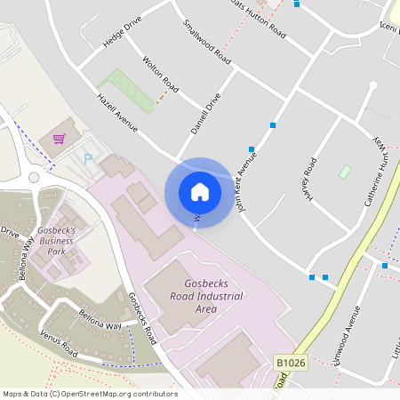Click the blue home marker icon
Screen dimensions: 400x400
200,191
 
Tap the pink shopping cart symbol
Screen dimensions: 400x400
59,139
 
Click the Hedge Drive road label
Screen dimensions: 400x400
123,36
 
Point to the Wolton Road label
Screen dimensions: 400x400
161,75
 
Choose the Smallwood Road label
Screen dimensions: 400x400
206,42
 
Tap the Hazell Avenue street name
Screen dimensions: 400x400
117,113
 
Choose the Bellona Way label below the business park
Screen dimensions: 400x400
100,324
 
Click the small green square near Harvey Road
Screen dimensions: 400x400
345,171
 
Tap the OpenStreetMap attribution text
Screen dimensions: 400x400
90,393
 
